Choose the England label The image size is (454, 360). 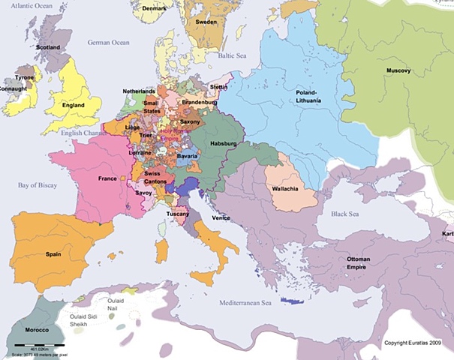point(73,106)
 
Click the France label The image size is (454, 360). point(107,178)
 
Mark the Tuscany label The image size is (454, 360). point(178,213)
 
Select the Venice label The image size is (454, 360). point(221,217)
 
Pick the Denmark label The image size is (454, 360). point(154,8)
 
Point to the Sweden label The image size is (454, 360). point(206,22)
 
